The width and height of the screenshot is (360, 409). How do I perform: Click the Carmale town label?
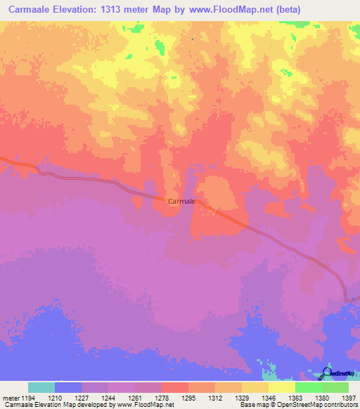[x=181, y=201]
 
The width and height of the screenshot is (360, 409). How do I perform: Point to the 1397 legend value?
[x=348, y=397]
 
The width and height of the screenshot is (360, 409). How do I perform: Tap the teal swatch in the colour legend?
[x=41, y=387]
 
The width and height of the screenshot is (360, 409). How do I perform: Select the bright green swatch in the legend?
[x=309, y=387]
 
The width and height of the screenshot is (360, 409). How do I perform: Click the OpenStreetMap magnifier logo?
[x=327, y=373]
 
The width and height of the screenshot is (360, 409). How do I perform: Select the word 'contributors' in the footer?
[x=339, y=405]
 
